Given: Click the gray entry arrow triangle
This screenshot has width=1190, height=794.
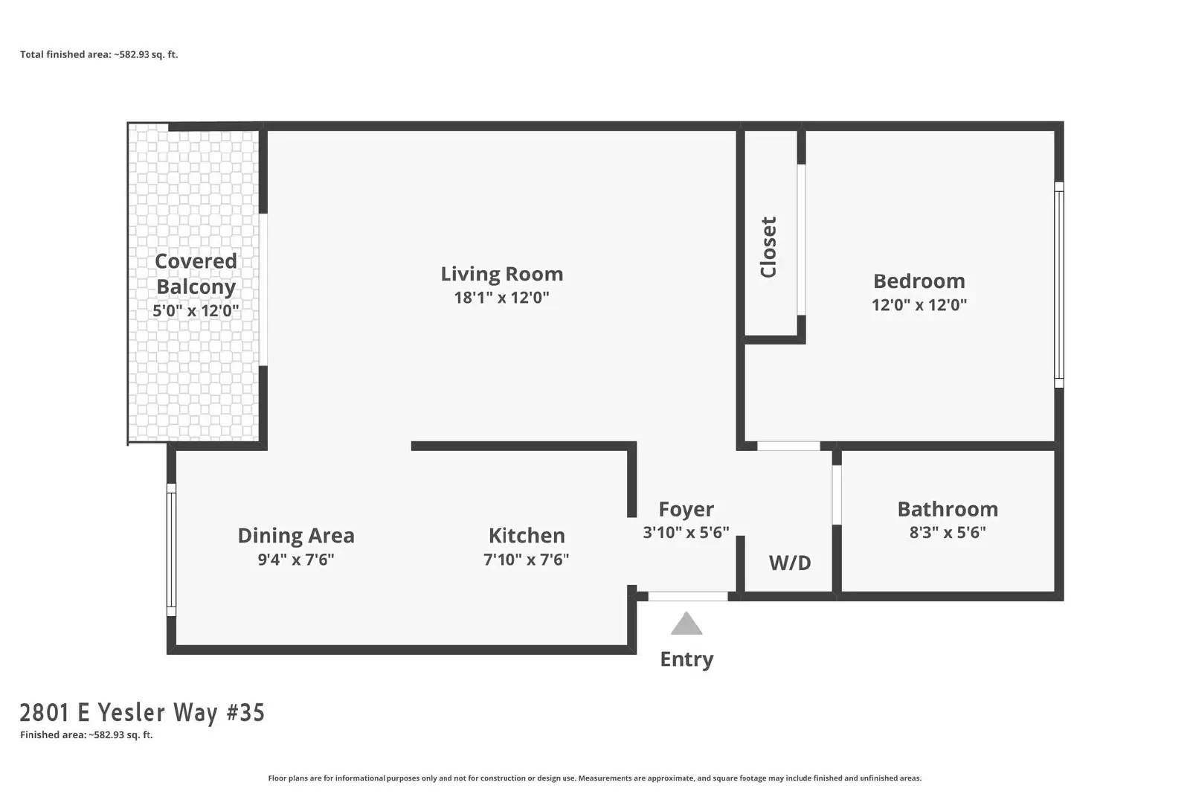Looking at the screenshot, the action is pos(686,624).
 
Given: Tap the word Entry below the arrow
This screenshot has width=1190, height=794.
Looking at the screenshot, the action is pos(686,659).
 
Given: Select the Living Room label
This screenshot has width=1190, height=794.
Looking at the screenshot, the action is pos(502,274).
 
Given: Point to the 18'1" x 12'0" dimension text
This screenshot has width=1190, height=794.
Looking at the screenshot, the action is pos(501,298).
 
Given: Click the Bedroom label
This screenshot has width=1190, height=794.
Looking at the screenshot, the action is pos(919,281).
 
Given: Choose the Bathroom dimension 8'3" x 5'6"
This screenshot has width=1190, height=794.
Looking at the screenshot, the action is pos(948,533).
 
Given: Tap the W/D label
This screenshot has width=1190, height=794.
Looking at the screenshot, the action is pos(790,563).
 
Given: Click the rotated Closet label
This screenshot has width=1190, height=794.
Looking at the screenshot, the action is pos(769,247).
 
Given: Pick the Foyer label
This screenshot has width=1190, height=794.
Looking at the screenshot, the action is pos(686,509).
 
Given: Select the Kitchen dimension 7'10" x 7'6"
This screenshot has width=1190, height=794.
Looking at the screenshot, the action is pos(527,560).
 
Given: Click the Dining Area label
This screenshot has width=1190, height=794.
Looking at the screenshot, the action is pos(296,536).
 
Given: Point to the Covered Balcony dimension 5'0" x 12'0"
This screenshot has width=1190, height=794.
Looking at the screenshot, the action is pos(196,310).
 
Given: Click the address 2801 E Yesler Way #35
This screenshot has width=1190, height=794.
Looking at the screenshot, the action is pos(142,713).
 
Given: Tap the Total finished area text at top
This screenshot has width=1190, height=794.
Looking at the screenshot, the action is pos(99,54).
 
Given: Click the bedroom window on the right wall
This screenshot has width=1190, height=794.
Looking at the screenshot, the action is pos(1059,285).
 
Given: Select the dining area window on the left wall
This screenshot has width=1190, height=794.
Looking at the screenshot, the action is pos(171,550).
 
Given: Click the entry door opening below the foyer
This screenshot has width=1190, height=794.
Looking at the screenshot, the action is pos(688,596).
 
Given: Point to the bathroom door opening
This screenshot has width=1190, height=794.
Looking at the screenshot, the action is pos(837,495).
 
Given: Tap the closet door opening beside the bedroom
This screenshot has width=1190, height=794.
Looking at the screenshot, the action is pos(801,240).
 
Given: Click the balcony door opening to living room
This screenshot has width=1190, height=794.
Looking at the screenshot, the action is pos(263,289).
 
